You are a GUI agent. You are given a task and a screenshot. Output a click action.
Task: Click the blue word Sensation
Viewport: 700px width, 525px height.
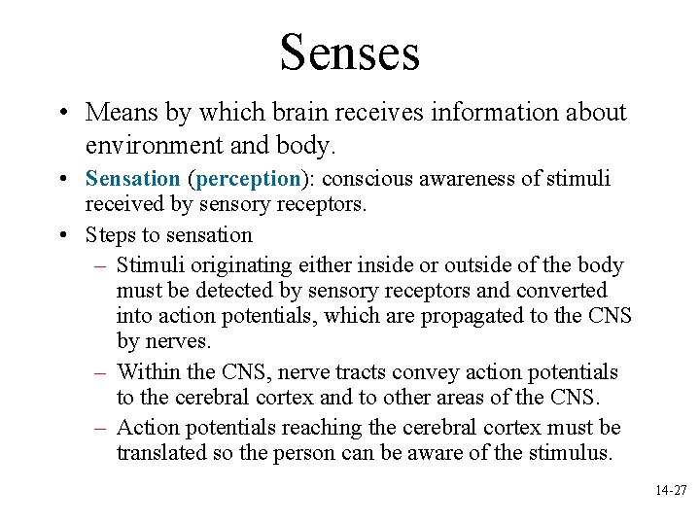pos(132,180)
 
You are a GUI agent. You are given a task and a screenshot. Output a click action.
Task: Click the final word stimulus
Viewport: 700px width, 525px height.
pos(567,453)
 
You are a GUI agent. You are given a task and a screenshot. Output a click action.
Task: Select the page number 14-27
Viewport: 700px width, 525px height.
pos(671,492)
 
